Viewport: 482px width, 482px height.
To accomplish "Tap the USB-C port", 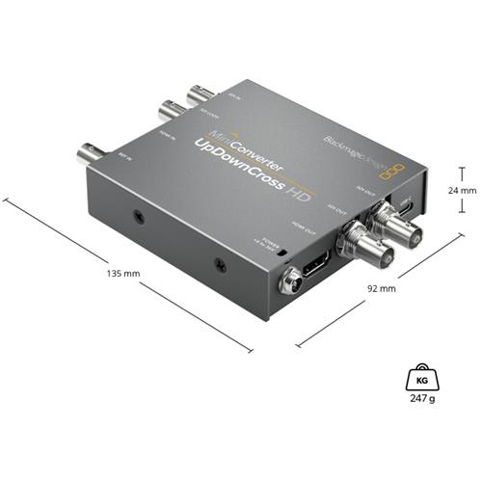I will tap(410, 209).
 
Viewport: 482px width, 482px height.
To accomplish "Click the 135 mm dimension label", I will tap(126, 274).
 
